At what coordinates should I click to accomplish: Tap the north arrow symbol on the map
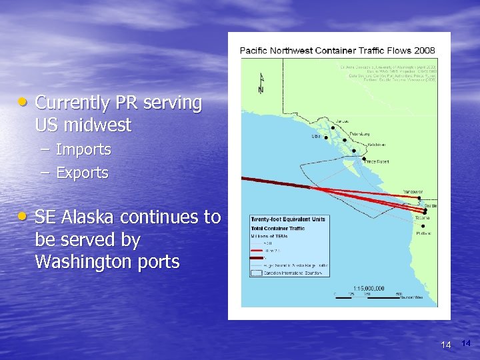click(x=261, y=83)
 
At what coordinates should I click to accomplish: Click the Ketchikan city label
click(x=378, y=145)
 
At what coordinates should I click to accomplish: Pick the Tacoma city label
click(x=422, y=217)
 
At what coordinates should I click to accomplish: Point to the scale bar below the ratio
click(x=363, y=294)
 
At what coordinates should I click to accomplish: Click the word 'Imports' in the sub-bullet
click(x=83, y=150)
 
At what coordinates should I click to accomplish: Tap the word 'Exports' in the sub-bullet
click(x=82, y=173)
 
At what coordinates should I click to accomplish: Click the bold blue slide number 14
click(x=465, y=343)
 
